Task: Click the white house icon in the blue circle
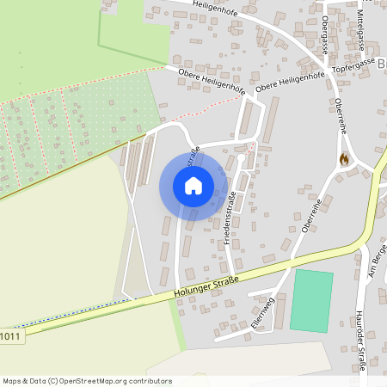pos(193,186)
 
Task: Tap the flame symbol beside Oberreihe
pos(345,158)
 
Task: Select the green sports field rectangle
pos(311,300)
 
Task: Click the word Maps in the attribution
pos(12,380)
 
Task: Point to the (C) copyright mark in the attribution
pos(53,380)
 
